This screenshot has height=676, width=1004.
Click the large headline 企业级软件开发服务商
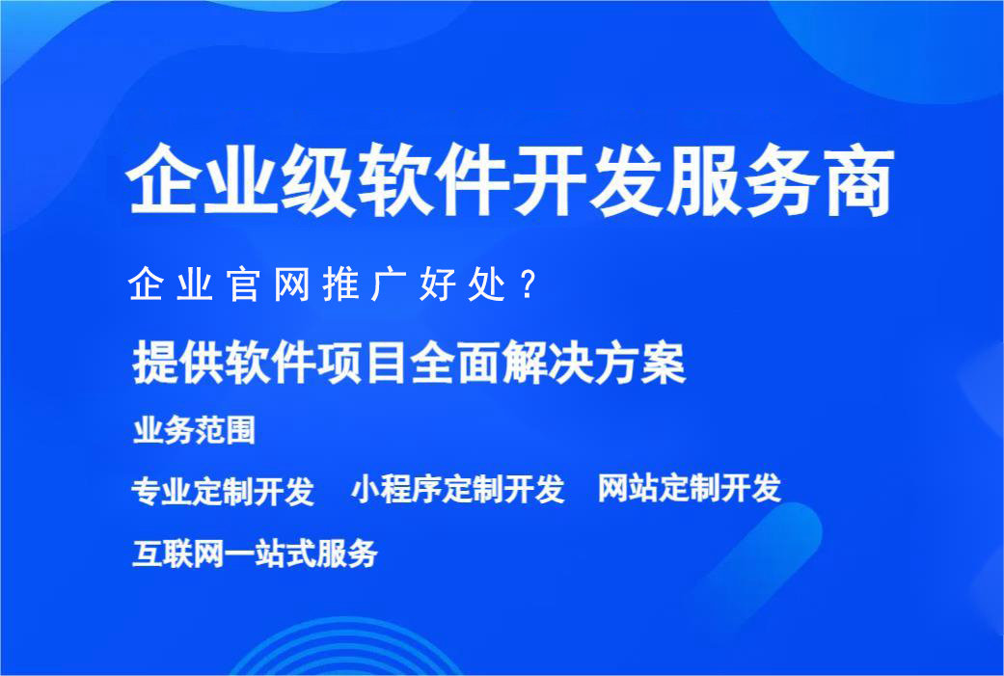coord(511,181)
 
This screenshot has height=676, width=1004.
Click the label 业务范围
coord(194,430)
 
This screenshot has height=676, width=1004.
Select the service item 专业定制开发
coord(223,491)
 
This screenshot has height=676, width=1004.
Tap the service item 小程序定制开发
coord(457,490)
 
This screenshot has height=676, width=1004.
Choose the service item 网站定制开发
coord(689,489)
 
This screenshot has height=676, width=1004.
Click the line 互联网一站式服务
coord(254,554)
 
